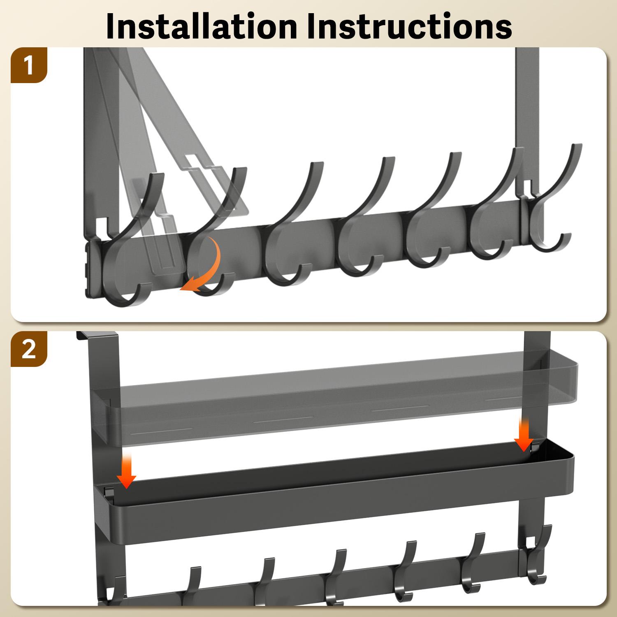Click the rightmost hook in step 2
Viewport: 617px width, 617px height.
(537, 555)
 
